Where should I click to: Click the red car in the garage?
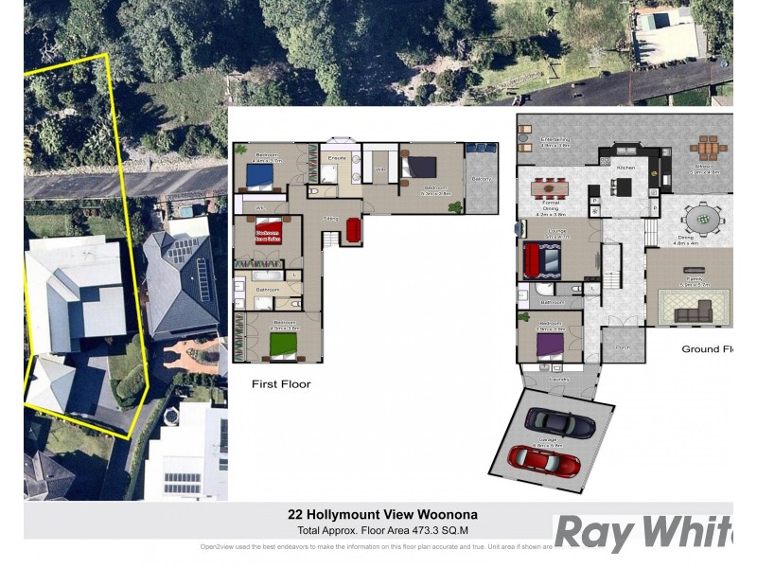[543, 459]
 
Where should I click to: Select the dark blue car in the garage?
[560, 422]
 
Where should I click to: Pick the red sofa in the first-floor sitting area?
[354, 230]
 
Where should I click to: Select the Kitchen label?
[625, 168]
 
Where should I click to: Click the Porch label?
[622, 347]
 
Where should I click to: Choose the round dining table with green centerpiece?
[701, 221]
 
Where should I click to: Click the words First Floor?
[281, 384]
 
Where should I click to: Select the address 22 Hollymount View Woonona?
[382, 515]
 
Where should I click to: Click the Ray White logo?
[643, 533]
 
